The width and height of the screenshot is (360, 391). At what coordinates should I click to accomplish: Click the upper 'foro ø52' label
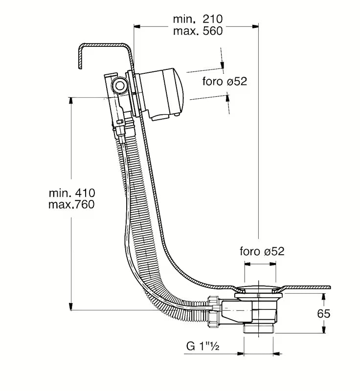pyautogui.click(x=225, y=82)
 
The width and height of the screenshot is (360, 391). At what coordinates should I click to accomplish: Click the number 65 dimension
pyautogui.click(x=324, y=313)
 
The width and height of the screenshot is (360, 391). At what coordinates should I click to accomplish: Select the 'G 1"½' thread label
pyautogui.click(x=202, y=347)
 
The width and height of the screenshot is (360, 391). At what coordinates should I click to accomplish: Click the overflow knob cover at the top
pyautogui.click(x=162, y=93)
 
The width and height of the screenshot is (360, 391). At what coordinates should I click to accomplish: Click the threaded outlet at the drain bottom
pyautogui.click(x=258, y=327)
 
